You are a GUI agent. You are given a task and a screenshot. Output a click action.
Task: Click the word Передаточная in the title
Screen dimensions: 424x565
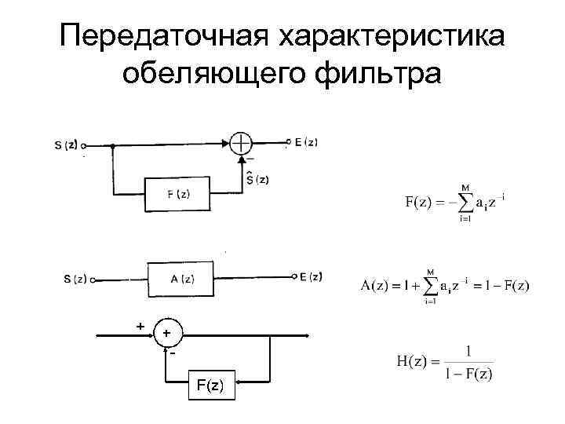point(158,37)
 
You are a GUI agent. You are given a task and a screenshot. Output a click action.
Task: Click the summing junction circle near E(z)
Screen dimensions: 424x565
point(241,143)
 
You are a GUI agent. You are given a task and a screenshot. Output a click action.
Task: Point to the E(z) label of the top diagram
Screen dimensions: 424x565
point(306,142)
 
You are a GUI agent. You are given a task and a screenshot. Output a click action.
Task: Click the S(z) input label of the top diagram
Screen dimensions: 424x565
point(66,145)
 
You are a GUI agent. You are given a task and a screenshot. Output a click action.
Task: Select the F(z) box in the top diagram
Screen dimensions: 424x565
point(178,195)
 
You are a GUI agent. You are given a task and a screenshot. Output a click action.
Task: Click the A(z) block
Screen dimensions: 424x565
point(182,278)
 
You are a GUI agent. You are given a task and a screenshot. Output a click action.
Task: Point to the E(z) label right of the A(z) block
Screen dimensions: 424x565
point(311,276)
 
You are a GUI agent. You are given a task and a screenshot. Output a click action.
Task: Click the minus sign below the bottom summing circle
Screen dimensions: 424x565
point(170,355)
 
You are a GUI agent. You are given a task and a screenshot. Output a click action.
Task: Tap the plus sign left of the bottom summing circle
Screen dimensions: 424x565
point(140,325)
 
